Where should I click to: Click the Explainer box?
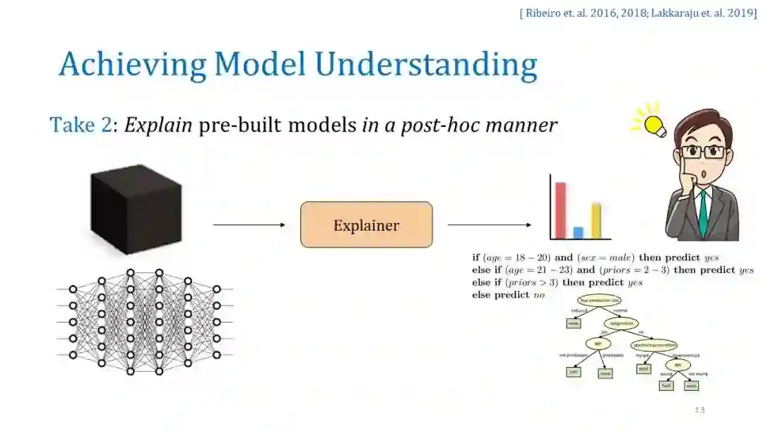[366, 225]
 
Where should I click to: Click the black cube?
[136, 209]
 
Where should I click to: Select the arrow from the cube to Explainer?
[249, 225]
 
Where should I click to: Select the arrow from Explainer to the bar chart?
[489, 225]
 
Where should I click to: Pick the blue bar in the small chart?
[579, 232]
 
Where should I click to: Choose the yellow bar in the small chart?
[596, 220]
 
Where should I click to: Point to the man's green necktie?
[703, 212]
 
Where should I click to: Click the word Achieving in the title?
[132, 64]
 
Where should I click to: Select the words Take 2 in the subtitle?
[81, 126]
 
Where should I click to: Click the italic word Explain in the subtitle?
[158, 126]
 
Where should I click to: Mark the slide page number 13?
[699, 410]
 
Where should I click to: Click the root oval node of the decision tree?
[599, 301]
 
